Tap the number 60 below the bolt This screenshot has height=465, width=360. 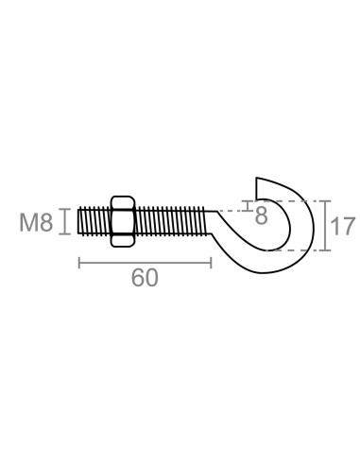click(144, 278)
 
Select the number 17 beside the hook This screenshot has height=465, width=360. click(343, 226)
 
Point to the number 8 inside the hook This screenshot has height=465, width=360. click(262, 215)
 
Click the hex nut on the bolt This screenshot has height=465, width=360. click(123, 221)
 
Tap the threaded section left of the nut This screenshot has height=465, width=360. click(94, 221)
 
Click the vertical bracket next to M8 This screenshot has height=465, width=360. click(64, 221)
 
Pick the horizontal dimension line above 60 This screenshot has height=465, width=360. click(144, 261)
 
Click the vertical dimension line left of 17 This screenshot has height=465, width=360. click(323, 225)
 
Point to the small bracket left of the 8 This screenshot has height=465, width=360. click(248, 206)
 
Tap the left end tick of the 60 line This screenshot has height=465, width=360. click(78, 261)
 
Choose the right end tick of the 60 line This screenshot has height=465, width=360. click(210, 261)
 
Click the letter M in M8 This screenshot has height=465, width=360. click(27, 223)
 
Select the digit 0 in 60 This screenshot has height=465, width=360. click(151, 278)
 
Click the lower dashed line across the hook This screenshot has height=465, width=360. click(293, 250)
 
